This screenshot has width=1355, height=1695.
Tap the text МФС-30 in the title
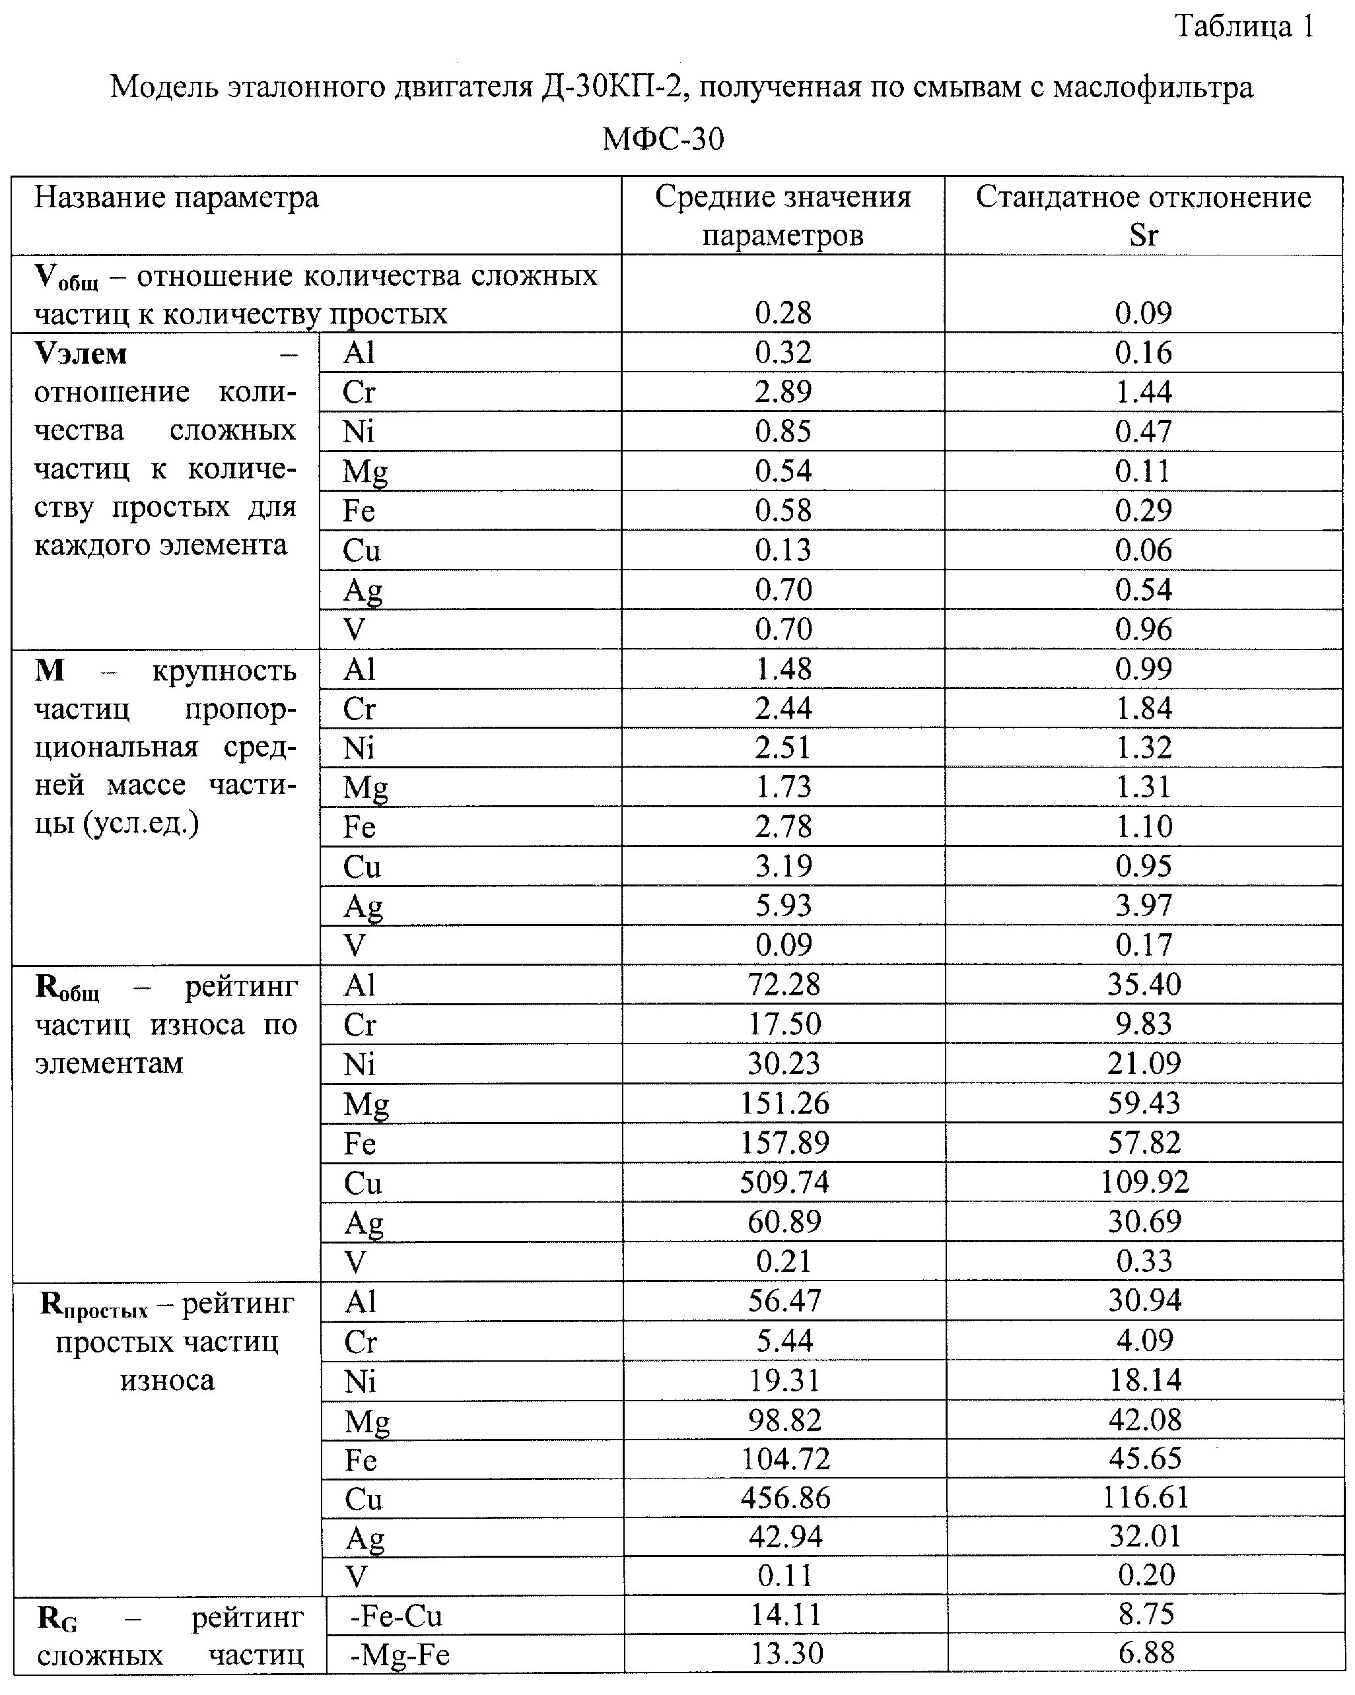[663, 139]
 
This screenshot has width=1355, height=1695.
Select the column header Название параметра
[176, 197]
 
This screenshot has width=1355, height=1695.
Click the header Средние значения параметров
[782, 215]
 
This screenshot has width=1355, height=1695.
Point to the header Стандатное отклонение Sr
[1144, 215]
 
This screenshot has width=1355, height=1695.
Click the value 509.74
[784, 1181]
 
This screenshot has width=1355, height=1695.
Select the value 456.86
[786, 1498]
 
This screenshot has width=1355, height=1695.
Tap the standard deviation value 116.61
[1145, 1498]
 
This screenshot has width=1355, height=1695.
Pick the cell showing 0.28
[782, 313]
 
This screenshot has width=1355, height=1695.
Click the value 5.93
[783, 905]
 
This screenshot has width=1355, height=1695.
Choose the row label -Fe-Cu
[396, 1616]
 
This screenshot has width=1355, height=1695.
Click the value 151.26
[784, 1103]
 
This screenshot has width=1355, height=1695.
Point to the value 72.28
[783, 984]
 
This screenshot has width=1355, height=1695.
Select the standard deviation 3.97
[1144, 905]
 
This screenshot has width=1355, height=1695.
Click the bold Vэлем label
[81, 354]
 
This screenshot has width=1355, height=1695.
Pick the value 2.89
[782, 391]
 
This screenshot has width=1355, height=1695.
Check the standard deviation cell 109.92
[1144, 1181]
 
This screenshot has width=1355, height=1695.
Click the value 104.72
[786, 1458]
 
